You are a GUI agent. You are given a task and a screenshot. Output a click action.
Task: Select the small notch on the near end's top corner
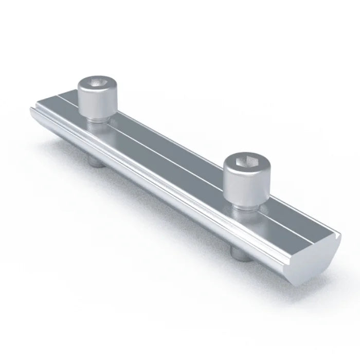(x=337, y=236)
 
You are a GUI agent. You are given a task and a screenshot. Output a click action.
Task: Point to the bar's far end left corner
(x=32, y=109)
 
